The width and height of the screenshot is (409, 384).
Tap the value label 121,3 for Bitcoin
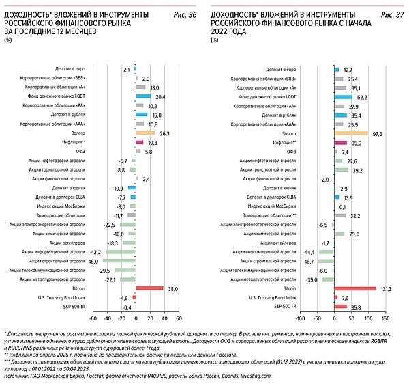pyautogui.click(x=384, y=288)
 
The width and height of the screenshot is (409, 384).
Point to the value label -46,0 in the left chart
pyautogui.click(x=92, y=261)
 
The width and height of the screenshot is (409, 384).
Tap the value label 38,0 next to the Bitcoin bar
pyautogui.click(x=172, y=288)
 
